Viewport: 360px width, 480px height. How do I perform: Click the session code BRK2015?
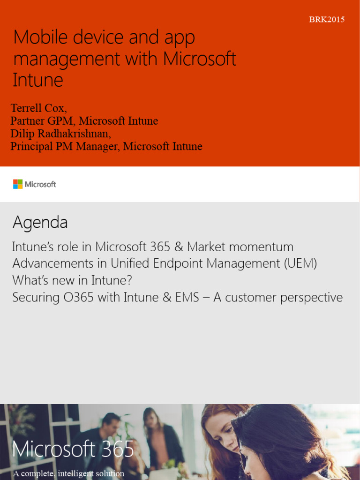click(327, 20)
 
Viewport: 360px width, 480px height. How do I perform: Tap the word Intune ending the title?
click(37, 80)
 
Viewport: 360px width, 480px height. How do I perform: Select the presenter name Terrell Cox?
click(38, 108)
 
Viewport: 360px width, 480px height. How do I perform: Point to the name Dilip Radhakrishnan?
click(60, 134)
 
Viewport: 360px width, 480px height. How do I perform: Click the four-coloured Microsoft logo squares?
click(18, 184)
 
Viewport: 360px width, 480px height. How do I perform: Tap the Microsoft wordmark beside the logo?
click(40, 185)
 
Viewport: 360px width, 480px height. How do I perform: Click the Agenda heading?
click(40, 223)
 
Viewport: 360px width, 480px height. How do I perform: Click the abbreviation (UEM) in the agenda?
click(300, 264)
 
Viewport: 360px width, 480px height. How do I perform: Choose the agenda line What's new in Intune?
click(72, 281)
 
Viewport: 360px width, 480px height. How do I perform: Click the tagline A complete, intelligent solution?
click(68, 473)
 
